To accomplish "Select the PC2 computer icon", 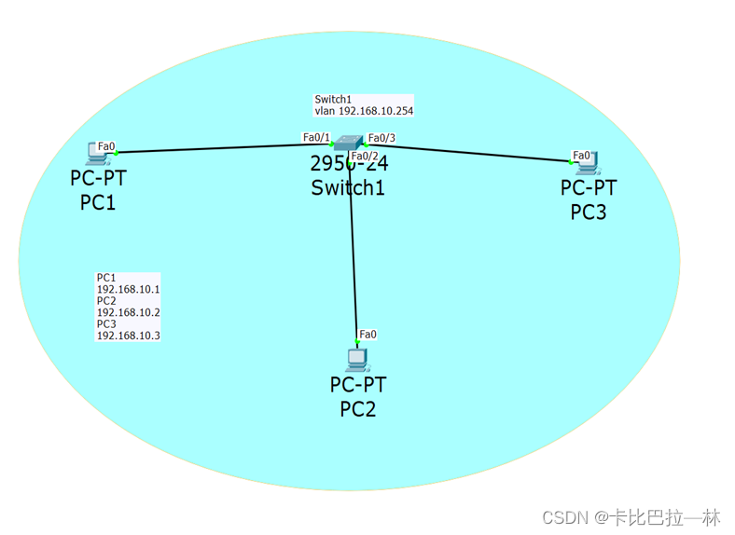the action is (x=355, y=359).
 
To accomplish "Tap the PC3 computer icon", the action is (x=588, y=165).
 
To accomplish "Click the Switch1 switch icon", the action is (x=349, y=143).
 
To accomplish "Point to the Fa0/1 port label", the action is (x=316, y=137).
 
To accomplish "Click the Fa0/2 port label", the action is (x=365, y=156).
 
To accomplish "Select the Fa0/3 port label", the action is (x=381, y=138).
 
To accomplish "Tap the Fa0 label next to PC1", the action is (x=106, y=145).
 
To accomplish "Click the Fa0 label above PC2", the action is (x=367, y=334).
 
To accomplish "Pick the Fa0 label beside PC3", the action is (x=581, y=155).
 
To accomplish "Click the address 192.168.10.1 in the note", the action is (x=129, y=289).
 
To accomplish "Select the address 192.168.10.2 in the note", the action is (x=129, y=312).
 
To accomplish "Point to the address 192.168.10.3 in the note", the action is (x=129, y=336).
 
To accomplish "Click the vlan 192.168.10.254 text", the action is (x=364, y=110).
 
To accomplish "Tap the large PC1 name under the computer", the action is (x=98, y=200).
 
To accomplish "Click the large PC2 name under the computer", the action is (x=357, y=408).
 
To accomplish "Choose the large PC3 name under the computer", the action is (x=589, y=212).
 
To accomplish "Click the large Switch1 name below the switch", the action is (x=348, y=187).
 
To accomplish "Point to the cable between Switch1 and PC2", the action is (x=353, y=252).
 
